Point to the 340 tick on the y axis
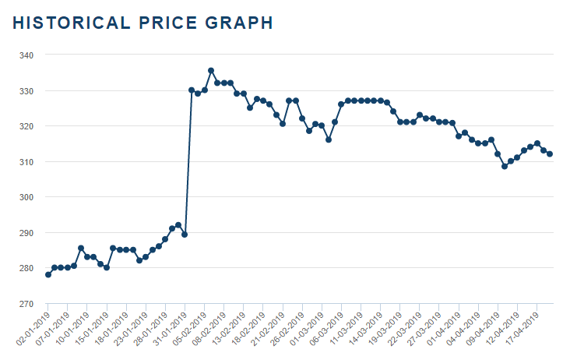26,55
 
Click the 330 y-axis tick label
26,91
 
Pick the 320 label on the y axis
26,126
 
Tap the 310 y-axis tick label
26,162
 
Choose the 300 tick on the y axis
26,197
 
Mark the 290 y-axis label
26,233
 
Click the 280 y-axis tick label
26,268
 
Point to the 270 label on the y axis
26,304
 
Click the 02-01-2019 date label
36,327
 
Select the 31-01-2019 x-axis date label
172,327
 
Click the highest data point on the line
211,71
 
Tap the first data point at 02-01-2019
48,274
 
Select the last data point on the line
550,154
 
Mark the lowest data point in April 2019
505,166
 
